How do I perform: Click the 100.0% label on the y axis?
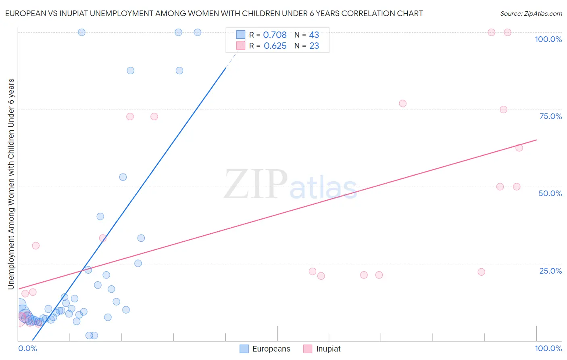(x=548, y=39)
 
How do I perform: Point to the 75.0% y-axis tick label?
(x=550, y=116)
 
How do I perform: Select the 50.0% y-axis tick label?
(x=550, y=193)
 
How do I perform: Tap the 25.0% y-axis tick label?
(x=550, y=271)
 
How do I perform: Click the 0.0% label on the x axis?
(x=27, y=348)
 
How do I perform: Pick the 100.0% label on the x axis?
(x=548, y=348)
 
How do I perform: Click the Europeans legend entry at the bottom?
(x=265, y=349)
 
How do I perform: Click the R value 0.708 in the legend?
(x=275, y=35)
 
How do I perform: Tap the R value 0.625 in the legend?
(x=275, y=46)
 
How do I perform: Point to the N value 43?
(x=314, y=35)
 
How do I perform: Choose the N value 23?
(x=314, y=46)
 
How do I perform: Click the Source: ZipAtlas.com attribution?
(x=531, y=14)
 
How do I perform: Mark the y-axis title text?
(x=11, y=184)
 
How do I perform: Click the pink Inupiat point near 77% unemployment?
(x=402, y=103)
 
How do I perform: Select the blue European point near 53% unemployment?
(x=123, y=177)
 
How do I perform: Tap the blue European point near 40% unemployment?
(x=100, y=216)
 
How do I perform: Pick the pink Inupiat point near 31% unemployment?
(x=36, y=246)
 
